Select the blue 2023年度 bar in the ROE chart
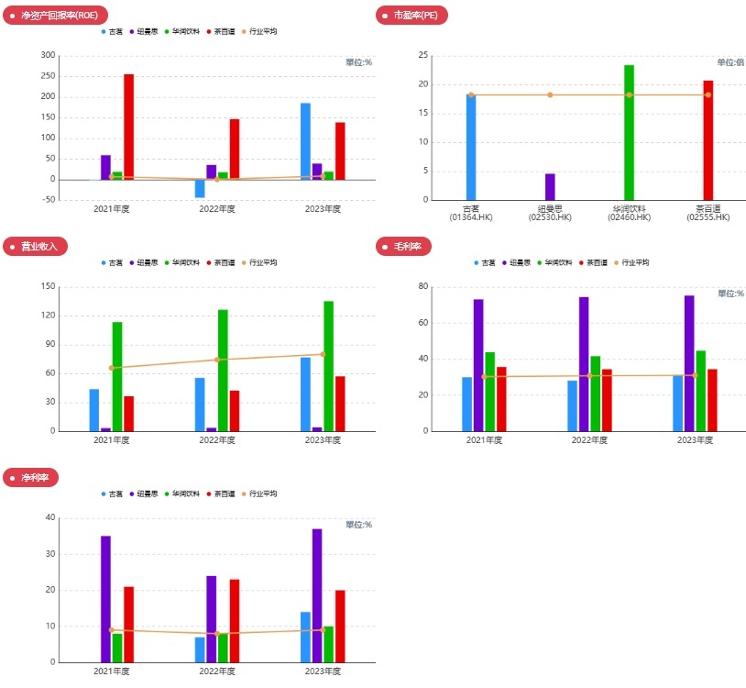(x=305, y=141)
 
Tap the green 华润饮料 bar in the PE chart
(x=629, y=132)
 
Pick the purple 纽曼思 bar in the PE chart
(x=550, y=186)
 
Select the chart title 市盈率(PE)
(x=413, y=15)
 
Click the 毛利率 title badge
(x=404, y=246)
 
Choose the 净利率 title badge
(x=34, y=478)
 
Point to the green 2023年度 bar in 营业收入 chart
(x=328, y=366)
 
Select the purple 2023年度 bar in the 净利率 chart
(x=317, y=595)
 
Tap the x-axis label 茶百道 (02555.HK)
(x=708, y=213)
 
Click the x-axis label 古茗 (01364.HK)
(x=471, y=213)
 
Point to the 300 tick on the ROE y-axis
(x=48, y=55)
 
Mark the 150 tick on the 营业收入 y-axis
(x=48, y=286)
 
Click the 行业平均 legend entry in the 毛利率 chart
(x=631, y=262)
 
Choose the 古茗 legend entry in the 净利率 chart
(x=112, y=494)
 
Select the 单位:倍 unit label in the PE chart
(x=730, y=62)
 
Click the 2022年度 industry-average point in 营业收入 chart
(x=217, y=360)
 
